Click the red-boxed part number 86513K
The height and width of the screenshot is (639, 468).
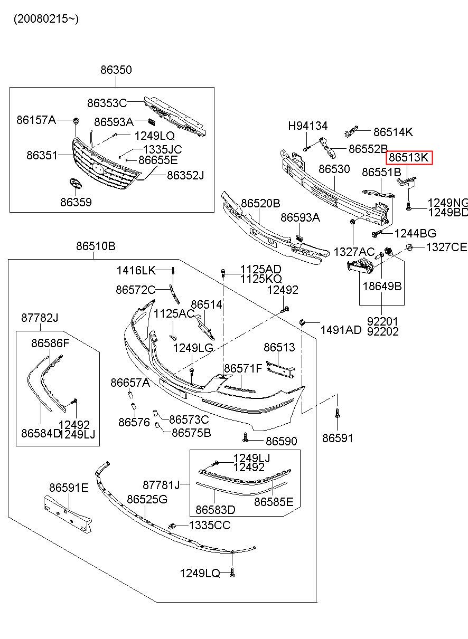410,157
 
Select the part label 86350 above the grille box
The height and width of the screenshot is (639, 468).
116,70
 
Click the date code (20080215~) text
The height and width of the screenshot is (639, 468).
46,19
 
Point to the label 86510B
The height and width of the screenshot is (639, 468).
96,246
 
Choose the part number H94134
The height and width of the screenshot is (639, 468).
307,126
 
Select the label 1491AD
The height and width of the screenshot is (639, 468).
341,330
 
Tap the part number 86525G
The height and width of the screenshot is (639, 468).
147,499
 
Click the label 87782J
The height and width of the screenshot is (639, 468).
40,318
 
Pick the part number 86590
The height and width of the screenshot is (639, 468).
281,441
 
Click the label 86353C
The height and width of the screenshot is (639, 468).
107,103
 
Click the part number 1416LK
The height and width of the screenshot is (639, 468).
136,271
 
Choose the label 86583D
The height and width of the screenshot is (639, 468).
215,510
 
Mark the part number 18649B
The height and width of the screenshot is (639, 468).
382,287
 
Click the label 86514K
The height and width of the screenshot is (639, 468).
393,132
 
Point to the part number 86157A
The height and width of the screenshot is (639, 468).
36,120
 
